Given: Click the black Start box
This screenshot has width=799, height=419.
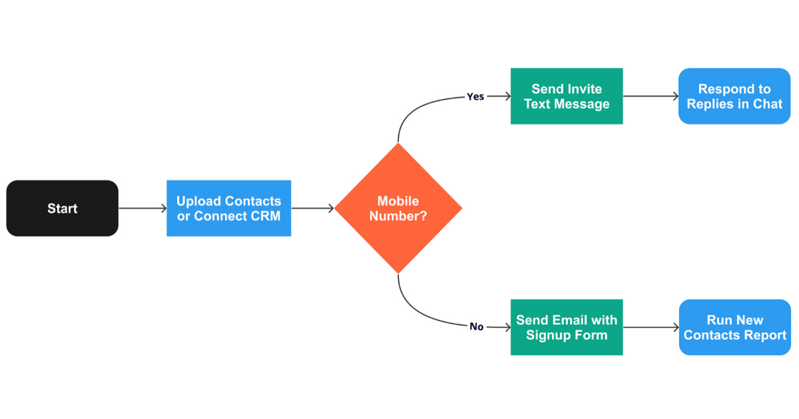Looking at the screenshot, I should (x=62, y=208).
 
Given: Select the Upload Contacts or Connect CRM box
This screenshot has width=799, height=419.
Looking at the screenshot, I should (x=229, y=208).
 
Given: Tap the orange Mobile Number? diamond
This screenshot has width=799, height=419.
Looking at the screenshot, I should (x=398, y=208).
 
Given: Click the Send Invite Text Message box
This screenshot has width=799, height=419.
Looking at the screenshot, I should (x=567, y=96).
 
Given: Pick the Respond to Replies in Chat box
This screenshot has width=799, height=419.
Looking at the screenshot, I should (x=734, y=96).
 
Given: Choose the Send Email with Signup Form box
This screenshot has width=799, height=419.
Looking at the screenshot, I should (x=567, y=327).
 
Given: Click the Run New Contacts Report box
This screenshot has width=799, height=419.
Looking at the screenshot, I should (x=735, y=327).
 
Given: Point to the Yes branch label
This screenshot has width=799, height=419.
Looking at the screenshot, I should (x=475, y=97).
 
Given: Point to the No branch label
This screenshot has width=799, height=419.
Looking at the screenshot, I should (x=476, y=327).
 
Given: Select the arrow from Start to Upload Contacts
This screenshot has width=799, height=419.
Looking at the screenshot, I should (x=142, y=208).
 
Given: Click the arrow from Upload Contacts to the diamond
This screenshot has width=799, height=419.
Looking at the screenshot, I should (x=312, y=208).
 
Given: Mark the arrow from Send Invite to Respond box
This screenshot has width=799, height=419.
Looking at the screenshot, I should (x=650, y=96).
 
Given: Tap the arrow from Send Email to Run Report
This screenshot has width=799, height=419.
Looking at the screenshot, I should (x=650, y=327).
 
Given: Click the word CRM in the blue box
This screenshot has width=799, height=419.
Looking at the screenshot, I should (x=265, y=217).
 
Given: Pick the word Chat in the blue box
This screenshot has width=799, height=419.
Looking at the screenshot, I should (x=767, y=104).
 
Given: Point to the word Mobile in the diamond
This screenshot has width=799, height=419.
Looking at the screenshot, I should (x=398, y=201).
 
